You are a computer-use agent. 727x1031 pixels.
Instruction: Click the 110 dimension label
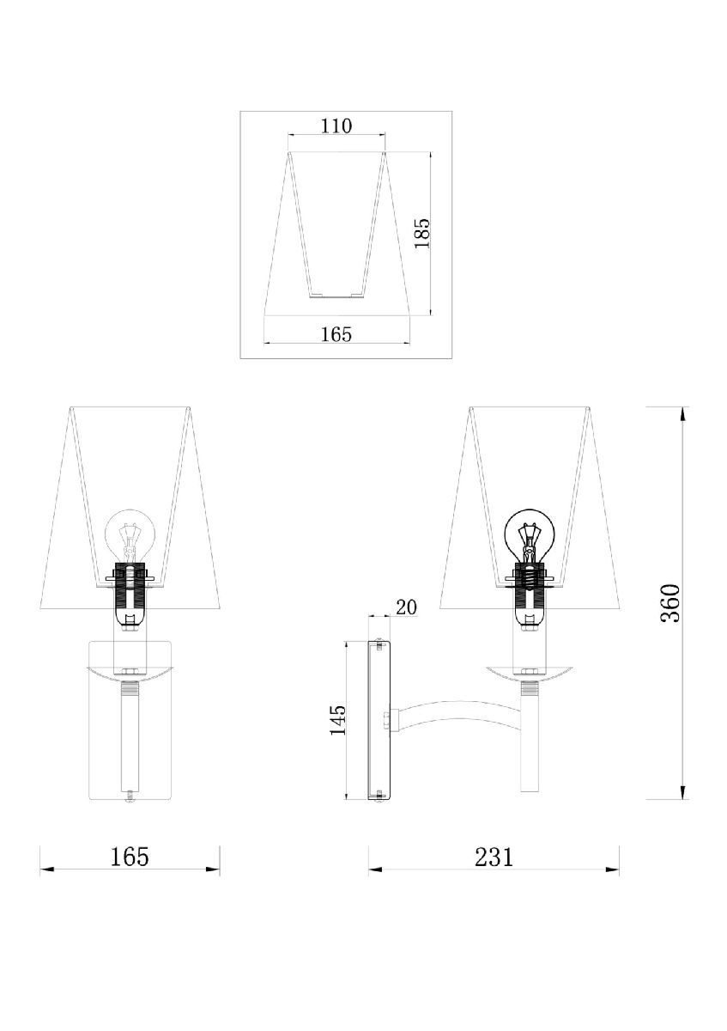tap(336, 125)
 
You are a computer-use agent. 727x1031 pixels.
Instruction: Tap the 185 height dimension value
tap(422, 233)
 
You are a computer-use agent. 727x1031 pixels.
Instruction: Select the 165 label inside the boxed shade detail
tap(336, 334)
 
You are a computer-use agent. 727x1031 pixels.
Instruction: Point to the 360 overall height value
tap(669, 603)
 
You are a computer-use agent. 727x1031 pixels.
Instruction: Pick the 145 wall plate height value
tap(338, 719)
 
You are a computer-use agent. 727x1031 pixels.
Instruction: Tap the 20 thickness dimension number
tap(407, 607)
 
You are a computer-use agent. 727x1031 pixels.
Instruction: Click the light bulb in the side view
tap(529, 536)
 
